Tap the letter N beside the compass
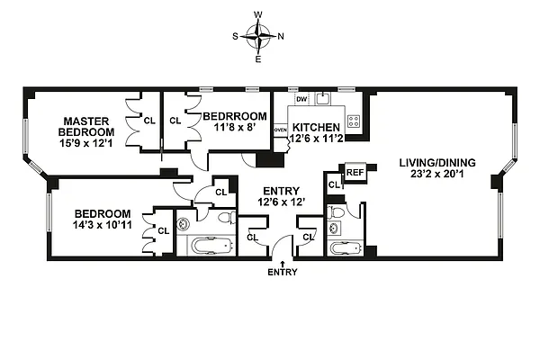click(281, 37)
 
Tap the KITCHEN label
click(316, 128)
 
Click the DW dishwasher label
click(301, 100)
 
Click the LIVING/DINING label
click(437, 163)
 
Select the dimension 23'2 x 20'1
click(437, 176)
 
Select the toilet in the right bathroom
click(337, 214)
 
